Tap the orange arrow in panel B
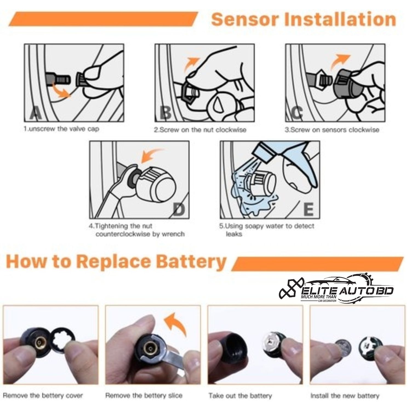pos(191,65)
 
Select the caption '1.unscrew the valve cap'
pos(61,129)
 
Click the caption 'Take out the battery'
pos(240,396)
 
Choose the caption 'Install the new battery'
pos(345,396)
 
